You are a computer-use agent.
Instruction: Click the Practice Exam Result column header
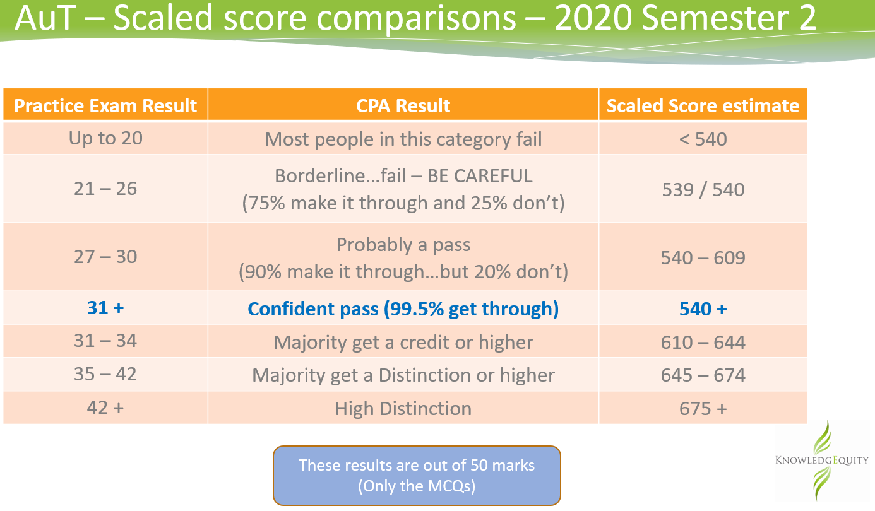(x=105, y=105)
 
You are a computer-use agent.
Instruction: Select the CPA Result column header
(x=403, y=105)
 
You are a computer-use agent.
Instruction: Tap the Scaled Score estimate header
(x=703, y=106)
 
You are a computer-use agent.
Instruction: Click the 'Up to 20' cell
(x=105, y=138)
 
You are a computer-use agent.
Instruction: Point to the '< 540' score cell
(x=703, y=139)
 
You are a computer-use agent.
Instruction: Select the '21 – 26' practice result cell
(x=105, y=189)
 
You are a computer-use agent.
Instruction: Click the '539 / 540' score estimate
(x=703, y=189)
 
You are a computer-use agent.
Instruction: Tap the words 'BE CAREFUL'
(x=480, y=175)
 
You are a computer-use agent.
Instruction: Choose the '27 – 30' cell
(x=105, y=257)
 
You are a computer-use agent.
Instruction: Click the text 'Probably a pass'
(x=403, y=244)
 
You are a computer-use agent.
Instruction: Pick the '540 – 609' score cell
(x=703, y=257)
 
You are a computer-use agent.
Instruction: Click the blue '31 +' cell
(x=105, y=308)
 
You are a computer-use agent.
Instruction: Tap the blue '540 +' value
(x=703, y=309)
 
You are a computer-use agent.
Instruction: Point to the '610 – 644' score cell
(x=703, y=342)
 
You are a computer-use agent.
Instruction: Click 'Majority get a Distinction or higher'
(x=403, y=375)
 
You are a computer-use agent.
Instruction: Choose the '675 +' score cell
(x=703, y=408)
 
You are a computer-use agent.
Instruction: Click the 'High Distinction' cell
(x=403, y=409)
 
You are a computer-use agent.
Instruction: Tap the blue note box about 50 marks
(x=417, y=476)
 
